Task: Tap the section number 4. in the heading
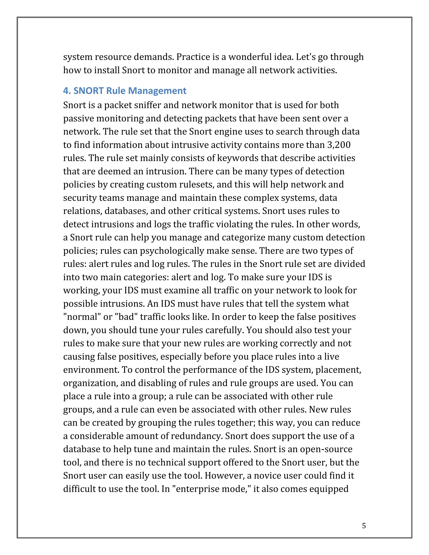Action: [x=67, y=91]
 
